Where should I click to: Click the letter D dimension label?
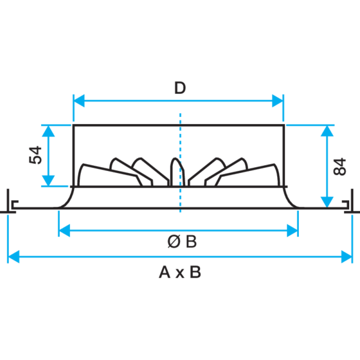[180, 88]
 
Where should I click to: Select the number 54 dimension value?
[36, 155]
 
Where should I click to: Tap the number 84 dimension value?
[340, 166]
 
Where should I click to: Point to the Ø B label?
[182, 242]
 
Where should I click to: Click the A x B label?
[180, 272]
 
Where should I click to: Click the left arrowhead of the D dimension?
[79, 100]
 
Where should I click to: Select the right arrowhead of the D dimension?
[278, 100]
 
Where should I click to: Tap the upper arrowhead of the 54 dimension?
[49, 131]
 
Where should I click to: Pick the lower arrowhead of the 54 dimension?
[49, 181]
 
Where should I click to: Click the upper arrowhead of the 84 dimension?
[327, 131]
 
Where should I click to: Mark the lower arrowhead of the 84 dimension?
[327, 202]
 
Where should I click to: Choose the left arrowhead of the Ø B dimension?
[64, 230]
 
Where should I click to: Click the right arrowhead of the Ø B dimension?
[292, 230]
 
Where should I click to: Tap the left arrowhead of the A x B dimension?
[14, 256]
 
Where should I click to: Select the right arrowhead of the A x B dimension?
[346, 256]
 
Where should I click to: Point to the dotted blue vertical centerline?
[180, 162]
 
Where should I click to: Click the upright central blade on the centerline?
[177, 172]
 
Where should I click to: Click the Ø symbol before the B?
[174, 242]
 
